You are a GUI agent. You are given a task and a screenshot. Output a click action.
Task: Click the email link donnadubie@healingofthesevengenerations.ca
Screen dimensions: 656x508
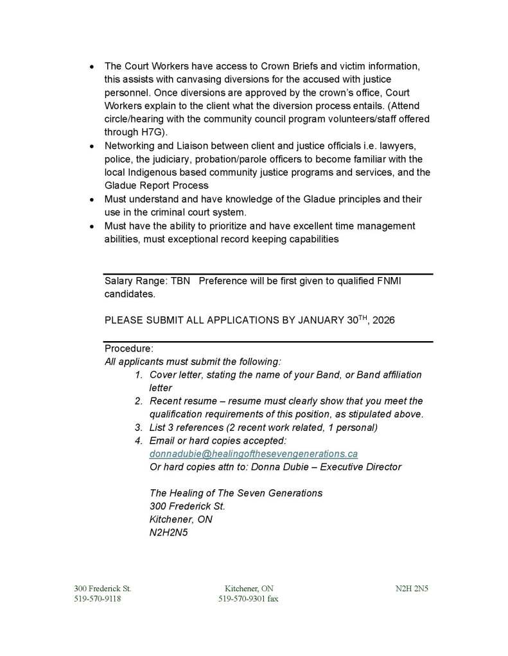coord(253,453)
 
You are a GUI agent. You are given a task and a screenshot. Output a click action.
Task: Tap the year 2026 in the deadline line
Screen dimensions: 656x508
coord(381,321)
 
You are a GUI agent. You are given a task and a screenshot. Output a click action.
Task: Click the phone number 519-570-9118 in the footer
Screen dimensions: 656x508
coord(98,599)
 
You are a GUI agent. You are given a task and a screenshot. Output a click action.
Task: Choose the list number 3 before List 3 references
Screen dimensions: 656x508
coord(138,427)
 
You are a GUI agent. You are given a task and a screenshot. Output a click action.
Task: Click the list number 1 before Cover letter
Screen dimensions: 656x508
coord(138,374)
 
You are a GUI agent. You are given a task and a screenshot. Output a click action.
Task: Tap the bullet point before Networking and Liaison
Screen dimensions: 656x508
coord(92,146)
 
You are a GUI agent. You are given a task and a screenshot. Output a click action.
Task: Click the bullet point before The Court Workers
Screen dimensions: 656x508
coord(92,67)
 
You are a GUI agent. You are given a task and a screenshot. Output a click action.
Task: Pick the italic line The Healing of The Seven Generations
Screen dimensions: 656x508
coord(236,493)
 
